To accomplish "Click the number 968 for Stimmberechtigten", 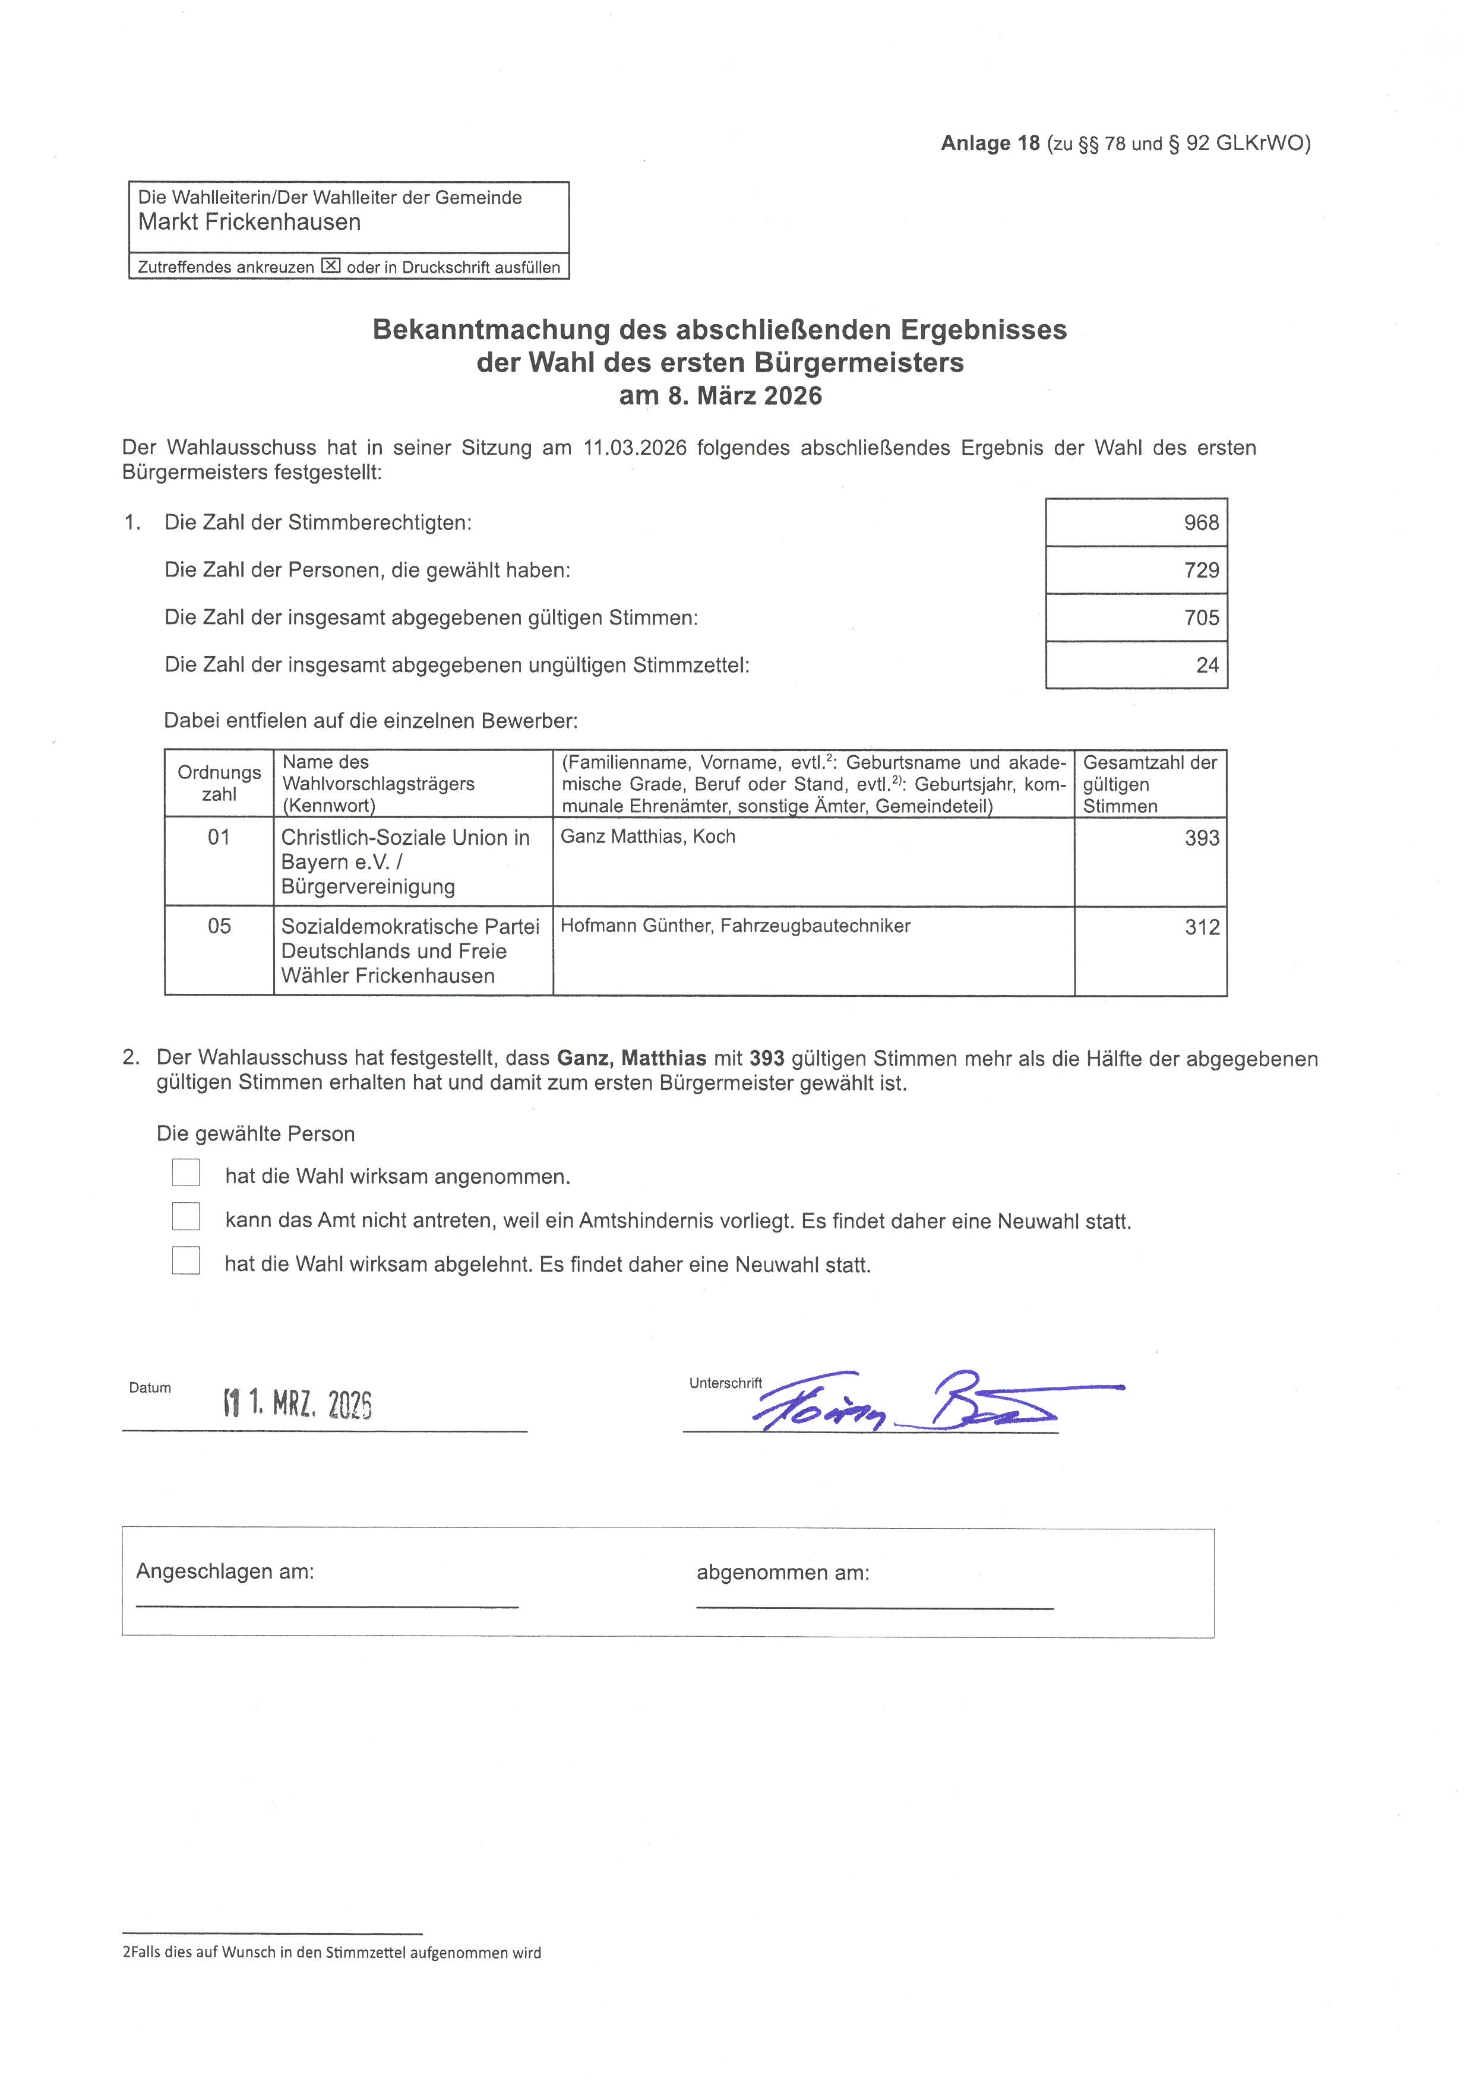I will point(1201,522).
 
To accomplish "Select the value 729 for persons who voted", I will point(1201,571).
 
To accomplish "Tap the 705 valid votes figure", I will point(1201,617).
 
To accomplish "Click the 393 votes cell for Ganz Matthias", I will point(1201,838).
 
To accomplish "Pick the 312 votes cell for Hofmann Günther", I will point(1201,927).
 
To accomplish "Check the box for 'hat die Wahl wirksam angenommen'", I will point(186,1172).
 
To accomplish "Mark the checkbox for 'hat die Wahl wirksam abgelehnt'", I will point(186,1260).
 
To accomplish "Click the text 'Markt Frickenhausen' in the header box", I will point(249,222).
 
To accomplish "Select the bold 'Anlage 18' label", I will point(990,143).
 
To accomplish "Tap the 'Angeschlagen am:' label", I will point(225,1571).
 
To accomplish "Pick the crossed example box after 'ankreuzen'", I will point(331,267).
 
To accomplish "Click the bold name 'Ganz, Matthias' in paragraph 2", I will point(631,1059).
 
